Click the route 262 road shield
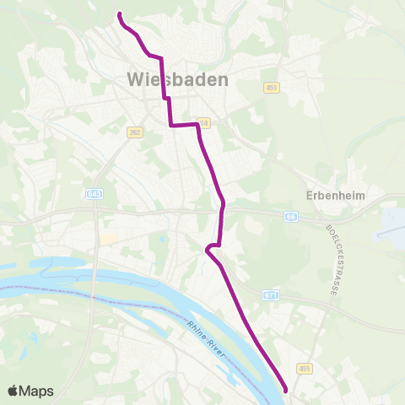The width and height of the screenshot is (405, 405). [135, 132]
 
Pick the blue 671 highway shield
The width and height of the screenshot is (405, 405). [269, 294]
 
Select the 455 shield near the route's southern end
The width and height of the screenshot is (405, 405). [305, 369]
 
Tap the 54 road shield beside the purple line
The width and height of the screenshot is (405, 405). [203, 122]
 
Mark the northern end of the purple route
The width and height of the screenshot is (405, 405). [119, 14]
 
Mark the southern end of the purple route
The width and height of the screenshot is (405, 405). [287, 390]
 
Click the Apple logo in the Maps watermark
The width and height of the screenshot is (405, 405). [13, 391]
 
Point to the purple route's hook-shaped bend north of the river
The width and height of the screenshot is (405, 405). [207, 247]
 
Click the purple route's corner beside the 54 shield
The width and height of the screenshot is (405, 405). [197, 125]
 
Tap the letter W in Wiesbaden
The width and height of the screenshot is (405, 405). [135, 79]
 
